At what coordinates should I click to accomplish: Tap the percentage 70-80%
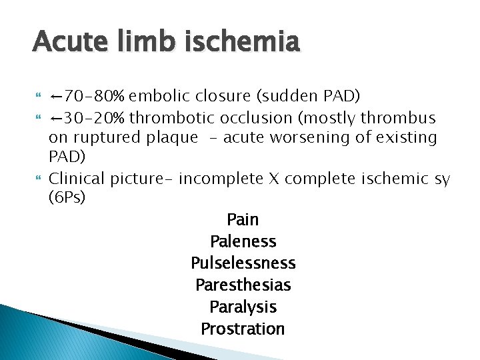97,96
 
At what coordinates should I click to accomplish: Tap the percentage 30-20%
97,118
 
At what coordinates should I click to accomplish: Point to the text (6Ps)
67,199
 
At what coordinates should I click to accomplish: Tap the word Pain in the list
243,219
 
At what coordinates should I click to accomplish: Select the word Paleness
243,241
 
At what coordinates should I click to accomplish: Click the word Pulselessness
243,263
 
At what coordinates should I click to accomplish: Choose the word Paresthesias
243,285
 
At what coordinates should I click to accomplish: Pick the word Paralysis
243,307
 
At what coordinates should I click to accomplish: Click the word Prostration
243,329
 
